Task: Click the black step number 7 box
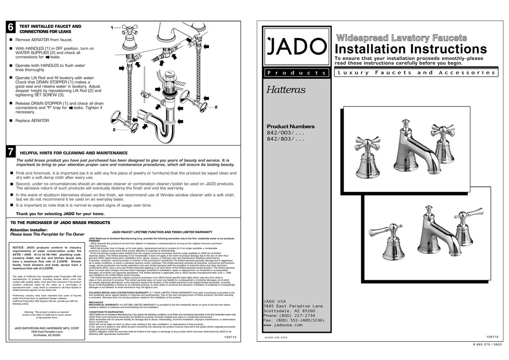click(x=10, y=152)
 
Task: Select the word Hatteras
click(x=286, y=90)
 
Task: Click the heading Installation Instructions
click(x=410, y=49)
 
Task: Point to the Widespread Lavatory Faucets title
click(x=401, y=37)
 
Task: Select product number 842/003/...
click(x=286, y=132)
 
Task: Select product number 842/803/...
click(x=286, y=139)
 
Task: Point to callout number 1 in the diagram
click(x=112, y=27)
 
